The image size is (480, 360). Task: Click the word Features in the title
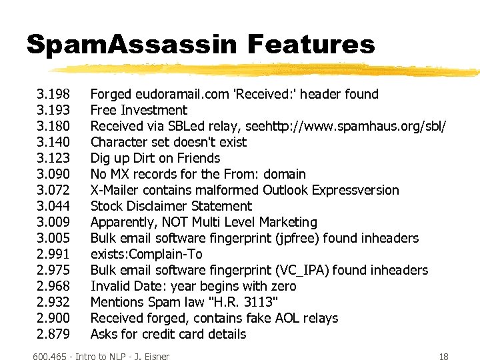click(311, 45)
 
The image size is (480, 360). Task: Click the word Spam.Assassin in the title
click(131, 45)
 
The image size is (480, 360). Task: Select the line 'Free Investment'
click(139, 110)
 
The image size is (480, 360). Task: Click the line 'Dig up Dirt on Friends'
click(155, 158)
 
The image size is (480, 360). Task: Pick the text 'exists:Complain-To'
click(146, 254)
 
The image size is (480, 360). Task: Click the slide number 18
click(444, 356)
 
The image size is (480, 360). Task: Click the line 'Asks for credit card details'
click(168, 334)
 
